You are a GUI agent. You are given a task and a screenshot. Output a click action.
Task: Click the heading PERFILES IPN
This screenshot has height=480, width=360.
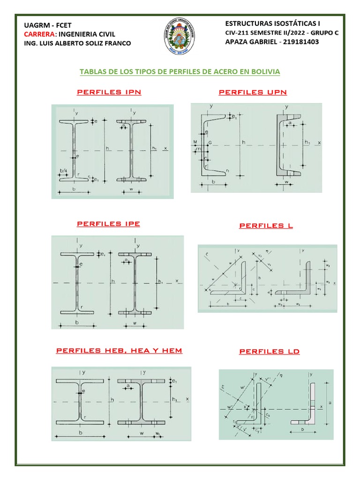point(109,92)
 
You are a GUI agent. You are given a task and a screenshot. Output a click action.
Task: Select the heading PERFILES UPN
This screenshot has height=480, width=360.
point(253,92)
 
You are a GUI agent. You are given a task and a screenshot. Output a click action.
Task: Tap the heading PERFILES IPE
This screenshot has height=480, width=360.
point(108,224)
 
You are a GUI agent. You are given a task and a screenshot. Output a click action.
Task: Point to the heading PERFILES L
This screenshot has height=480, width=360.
point(266,225)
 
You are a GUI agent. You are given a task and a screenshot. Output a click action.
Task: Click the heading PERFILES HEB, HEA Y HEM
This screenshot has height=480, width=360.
point(119,350)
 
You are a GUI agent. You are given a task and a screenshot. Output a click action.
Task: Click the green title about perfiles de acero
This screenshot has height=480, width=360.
point(180,72)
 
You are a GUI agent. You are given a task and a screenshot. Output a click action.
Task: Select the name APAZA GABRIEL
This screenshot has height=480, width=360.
point(250,42)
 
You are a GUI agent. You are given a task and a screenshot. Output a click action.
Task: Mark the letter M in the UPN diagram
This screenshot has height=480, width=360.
point(195,141)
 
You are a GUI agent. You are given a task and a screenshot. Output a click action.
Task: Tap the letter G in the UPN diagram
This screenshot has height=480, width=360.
point(210,141)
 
